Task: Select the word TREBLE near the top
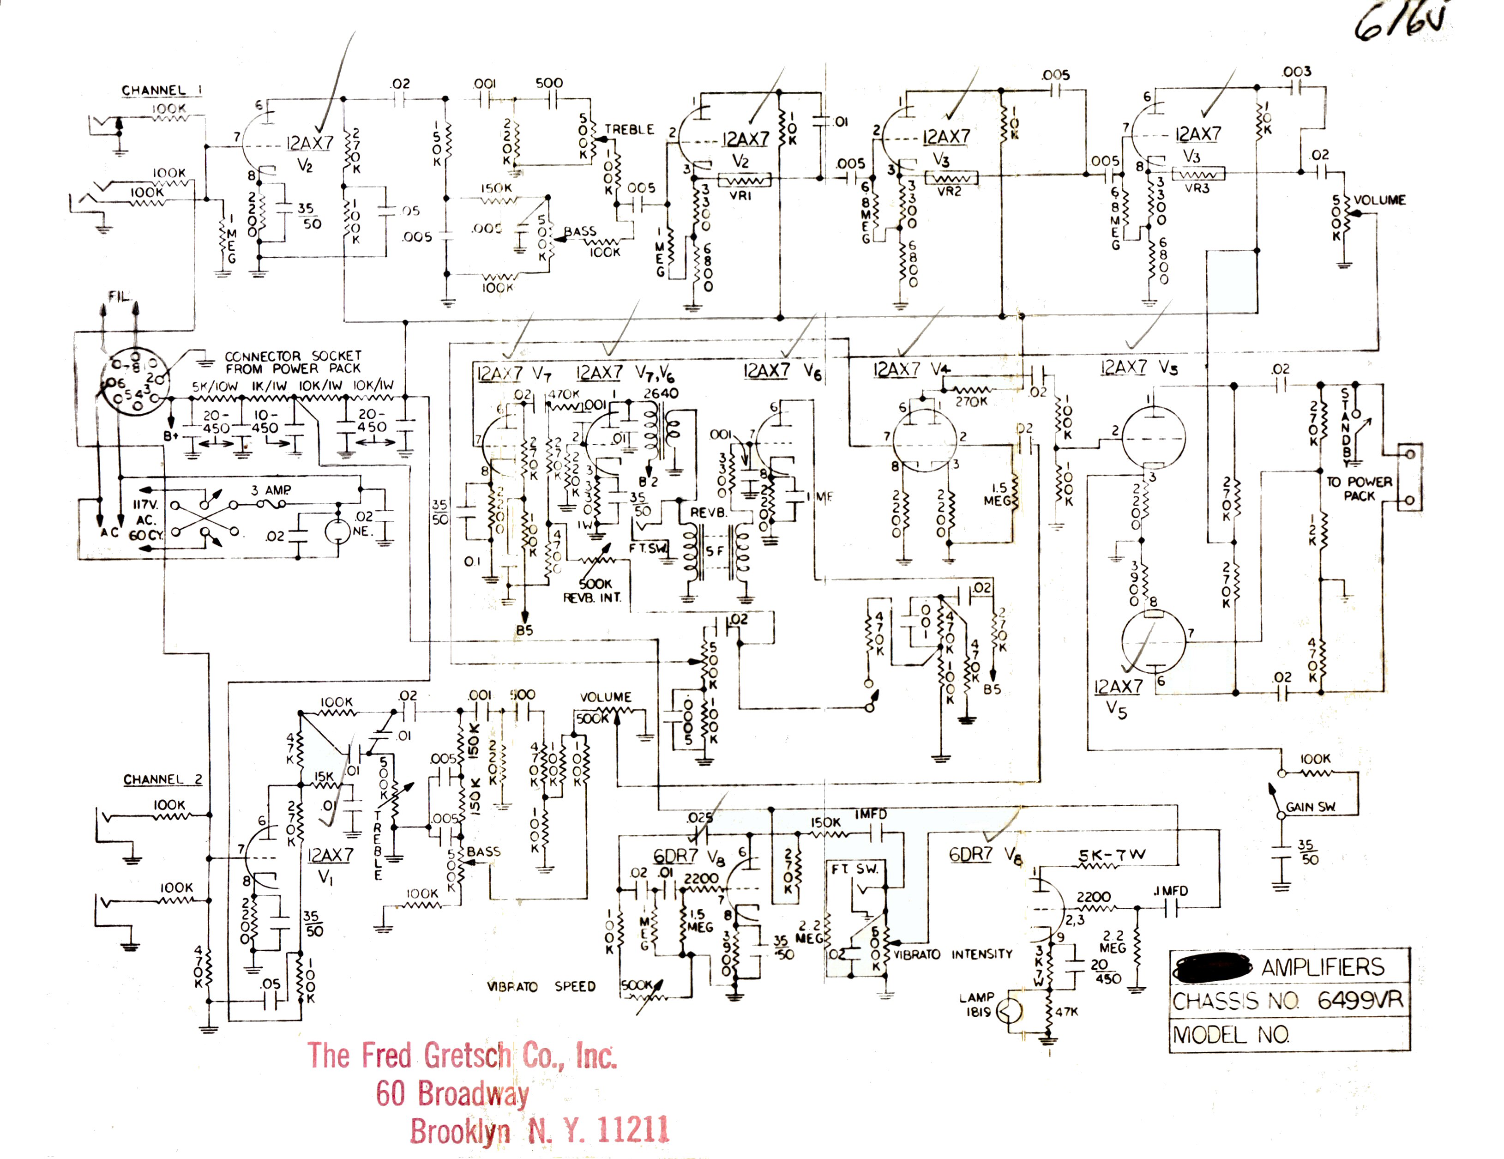tap(629, 129)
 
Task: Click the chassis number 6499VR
tap(1360, 1000)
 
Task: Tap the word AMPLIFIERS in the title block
tap(1322, 967)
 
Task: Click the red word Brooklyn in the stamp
tap(460, 1131)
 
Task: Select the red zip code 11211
tap(633, 1129)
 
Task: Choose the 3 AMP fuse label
tap(271, 490)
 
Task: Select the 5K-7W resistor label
tap(1112, 855)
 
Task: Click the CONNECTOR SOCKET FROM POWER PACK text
tap(293, 362)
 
